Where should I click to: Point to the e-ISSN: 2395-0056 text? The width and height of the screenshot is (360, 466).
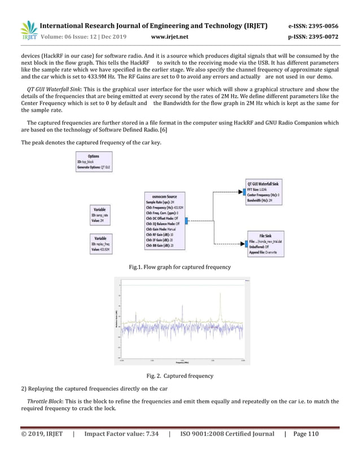tap(313, 27)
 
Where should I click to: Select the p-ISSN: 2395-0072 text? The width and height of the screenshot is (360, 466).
tap(313, 37)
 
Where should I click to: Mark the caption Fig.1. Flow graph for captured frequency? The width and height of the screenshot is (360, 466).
tap(179, 267)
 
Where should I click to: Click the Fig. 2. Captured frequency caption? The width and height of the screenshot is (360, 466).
tap(179, 375)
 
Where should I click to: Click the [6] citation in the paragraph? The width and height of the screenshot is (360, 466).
tap(169, 131)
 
